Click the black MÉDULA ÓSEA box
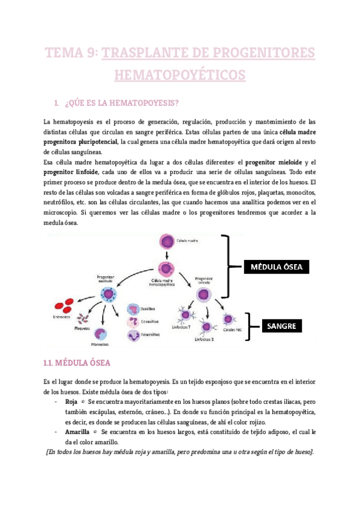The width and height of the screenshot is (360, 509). (276, 267)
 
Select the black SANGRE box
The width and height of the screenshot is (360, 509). (281, 327)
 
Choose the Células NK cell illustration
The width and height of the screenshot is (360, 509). (228, 319)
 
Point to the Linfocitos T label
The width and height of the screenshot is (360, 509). (182, 328)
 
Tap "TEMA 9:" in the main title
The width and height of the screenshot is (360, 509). (70, 53)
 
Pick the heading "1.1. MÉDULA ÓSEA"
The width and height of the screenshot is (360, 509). (75, 363)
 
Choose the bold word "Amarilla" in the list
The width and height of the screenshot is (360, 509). (78, 431)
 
